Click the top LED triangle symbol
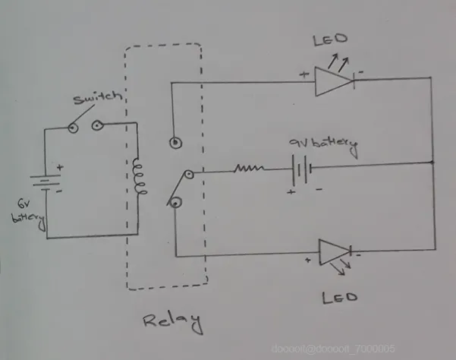[x=334, y=79]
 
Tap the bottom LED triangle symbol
[x=335, y=252]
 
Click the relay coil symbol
[x=137, y=178]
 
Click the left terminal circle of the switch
[x=73, y=127]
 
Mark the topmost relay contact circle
[x=177, y=141]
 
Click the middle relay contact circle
[x=188, y=175]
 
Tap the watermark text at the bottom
[x=334, y=348]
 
